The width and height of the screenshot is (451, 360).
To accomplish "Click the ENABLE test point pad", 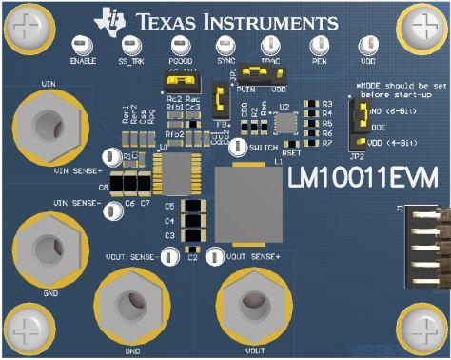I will [x=81, y=46].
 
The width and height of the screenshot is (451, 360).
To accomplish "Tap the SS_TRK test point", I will [x=128, y=46].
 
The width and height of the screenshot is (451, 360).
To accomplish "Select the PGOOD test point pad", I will [x=178, y=46].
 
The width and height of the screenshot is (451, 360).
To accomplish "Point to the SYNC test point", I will [x=225, y=46].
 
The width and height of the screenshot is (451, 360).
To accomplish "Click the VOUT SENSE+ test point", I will [x=215, y=256].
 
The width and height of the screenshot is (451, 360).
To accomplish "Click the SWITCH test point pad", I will [x=238, y=149].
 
